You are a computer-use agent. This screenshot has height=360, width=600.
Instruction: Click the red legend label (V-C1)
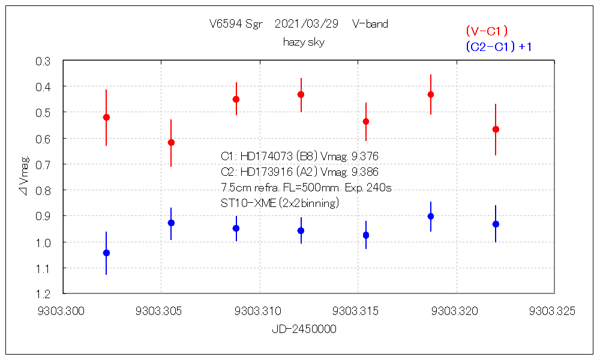pos(487,31)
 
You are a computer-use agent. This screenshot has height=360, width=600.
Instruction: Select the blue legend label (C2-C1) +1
pos(499,47)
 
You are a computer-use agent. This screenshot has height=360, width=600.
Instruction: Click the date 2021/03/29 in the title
pos(306,24)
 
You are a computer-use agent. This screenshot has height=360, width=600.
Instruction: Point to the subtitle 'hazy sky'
pos(304,42)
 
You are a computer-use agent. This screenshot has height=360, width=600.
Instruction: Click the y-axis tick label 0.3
pos(43,61)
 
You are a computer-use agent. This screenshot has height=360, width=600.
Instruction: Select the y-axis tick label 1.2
pos(43,293)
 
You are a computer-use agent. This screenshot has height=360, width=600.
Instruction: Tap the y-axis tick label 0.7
pos(43,164)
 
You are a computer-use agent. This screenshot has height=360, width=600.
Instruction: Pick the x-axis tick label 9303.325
pos(553,311)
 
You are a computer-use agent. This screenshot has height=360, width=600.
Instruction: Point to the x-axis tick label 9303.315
pos(357,311)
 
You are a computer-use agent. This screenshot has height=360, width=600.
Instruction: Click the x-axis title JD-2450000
pos(304,329)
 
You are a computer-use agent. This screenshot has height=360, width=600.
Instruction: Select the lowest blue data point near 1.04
pos(106,253)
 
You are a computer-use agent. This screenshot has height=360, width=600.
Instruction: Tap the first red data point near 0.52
pos(106,117)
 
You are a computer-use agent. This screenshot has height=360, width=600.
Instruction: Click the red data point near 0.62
pos(171,142)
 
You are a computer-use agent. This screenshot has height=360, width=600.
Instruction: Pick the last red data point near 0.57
pos(496,129)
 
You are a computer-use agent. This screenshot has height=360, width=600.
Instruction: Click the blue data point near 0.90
pos(431,216)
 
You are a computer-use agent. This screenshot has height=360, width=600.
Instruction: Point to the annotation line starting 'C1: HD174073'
pos(299,157)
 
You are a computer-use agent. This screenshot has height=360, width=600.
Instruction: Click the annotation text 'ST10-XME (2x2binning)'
pos(280,203)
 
